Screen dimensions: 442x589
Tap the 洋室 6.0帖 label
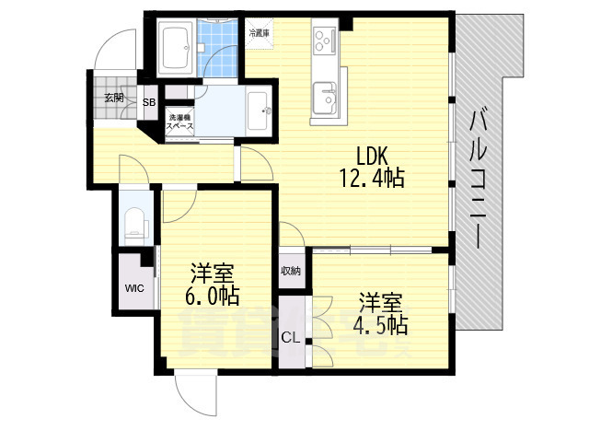[x=213, y=285]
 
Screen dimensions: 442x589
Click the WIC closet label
[x=134, y=287]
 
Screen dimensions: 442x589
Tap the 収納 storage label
[x=290, y=271]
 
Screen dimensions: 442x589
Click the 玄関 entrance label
[x=112, y=97]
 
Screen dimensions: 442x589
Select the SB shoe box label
[x=148, y=103]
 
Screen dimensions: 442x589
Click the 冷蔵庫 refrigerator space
[x=259, y=33]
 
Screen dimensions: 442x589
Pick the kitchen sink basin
[x=324, y=95]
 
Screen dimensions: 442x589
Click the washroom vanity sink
[x=258, y=110]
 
